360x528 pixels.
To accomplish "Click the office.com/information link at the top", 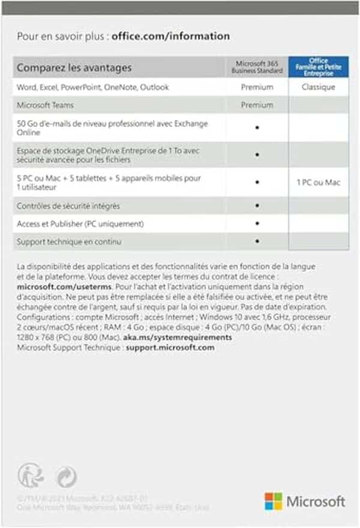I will (x=170, y=36).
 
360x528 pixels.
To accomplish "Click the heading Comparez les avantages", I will (x=74, y=68).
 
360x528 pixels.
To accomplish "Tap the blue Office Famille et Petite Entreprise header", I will (x=318, y=67).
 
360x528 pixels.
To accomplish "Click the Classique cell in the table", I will (x=318, y=87).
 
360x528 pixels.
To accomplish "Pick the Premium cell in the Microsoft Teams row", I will (x=257, y=105).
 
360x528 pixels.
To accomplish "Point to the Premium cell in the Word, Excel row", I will (x=257, y=87).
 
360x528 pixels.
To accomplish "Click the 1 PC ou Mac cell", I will (x=318, y=182).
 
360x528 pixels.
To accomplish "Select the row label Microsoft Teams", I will (x=45, y=105).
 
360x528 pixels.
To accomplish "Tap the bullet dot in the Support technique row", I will (x=257, y=241).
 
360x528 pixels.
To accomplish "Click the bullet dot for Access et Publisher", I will (x=257, y=224).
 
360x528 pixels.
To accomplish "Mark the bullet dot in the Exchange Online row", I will (x=257, y=128).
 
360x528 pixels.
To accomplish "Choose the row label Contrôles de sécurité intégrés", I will (x=68, y=206).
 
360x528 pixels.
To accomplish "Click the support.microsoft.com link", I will (x=170, y=347).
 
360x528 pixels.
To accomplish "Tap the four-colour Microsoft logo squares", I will (x=274, y=501).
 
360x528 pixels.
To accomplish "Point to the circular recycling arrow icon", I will (x=65, y=477).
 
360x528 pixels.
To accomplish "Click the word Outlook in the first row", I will (x=155, y=87).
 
